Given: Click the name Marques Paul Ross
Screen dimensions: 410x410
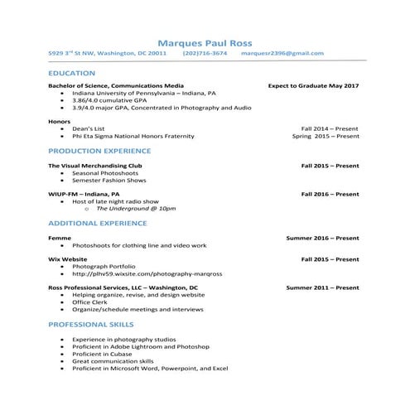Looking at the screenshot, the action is coord(205,42).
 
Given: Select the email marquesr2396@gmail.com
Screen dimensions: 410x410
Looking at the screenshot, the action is coord(282,53).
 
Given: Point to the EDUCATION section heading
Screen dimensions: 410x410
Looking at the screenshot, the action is coord(72,74).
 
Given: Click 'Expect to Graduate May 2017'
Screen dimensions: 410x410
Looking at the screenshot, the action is coord(313,86).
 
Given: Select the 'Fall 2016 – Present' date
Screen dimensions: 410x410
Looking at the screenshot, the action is coord(330,194).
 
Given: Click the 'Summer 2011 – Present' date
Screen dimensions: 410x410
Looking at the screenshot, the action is coord(322,287).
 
